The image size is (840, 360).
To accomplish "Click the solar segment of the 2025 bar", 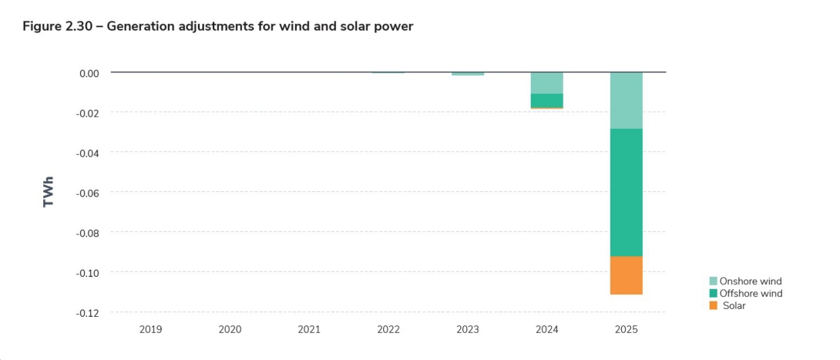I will click(x=626, y=275).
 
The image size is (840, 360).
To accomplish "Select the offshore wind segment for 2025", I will click(x=626, y=192).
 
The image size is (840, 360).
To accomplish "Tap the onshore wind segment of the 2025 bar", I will click(x=626, y=100).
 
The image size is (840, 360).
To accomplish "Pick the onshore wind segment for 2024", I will click(x=546, y=82).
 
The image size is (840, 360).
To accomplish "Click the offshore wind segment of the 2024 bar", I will click(x=546, y=100).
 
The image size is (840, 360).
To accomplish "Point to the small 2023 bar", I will click(x=468, y=74).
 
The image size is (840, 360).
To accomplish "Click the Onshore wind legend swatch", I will click(x=713, y=281).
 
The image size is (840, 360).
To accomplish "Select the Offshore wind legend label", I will click(x=751, y=294).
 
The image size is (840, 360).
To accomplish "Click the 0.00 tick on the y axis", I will click(x=89, y=73).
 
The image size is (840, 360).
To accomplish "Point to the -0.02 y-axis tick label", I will click(x=88, y=113).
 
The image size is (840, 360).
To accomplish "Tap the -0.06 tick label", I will click(x=88, y=193).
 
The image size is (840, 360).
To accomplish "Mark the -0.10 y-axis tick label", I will click(x=88, y=273).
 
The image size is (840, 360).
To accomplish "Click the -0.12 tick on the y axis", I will click(x=88, y=313).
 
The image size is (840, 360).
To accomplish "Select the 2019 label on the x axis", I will click(x=150, y=330).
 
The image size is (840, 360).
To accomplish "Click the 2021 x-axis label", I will click(x=309, y=330).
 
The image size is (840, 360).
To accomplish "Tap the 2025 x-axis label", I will click(x=626, y=330).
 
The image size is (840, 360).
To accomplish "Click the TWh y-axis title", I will click(x=49, y=192).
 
